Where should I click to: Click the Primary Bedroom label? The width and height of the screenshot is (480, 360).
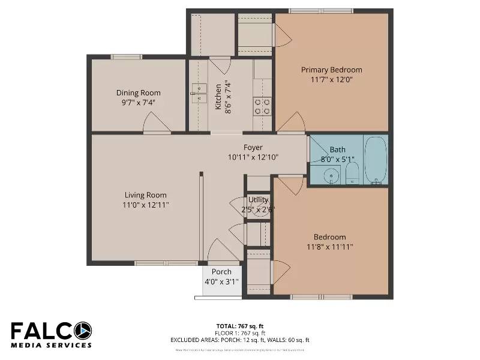tap(331, 70)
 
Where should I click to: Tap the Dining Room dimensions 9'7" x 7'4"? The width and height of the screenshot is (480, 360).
tap(139, 102)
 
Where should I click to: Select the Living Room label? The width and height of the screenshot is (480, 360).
tap(145, 195)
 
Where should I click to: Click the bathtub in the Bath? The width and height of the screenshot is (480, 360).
tap(376, 160)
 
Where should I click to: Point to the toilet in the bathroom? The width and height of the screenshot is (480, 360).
tap(352, 173)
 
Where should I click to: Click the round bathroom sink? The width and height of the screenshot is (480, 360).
tap(329, 175)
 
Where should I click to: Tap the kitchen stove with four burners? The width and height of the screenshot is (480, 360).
tap(262, 107)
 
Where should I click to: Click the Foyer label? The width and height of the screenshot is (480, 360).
tap(253, 148)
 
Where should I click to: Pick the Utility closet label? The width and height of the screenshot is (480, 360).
tap(258, 200)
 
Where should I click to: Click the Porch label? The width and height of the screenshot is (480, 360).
tap(221, 272)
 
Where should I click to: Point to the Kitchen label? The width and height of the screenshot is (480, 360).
tap(218, 96)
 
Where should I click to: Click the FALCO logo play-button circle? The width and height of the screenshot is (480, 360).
tap(83, 331)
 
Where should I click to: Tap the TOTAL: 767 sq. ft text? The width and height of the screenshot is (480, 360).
tap(239, 326)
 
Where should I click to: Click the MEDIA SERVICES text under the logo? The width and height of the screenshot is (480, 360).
tap(51, 345)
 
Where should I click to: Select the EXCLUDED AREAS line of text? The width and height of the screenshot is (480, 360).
tap(239, 340)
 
